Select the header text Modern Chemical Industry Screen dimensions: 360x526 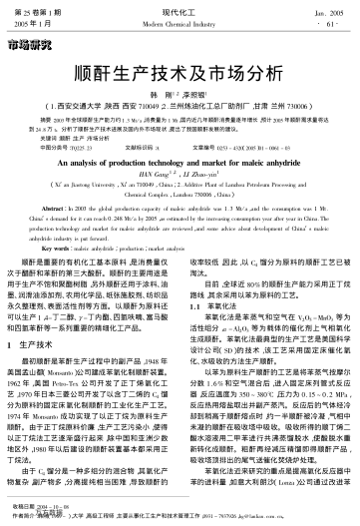(180, 20)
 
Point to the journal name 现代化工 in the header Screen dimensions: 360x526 (180, 8)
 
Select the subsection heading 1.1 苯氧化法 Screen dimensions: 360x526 (210, 321)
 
